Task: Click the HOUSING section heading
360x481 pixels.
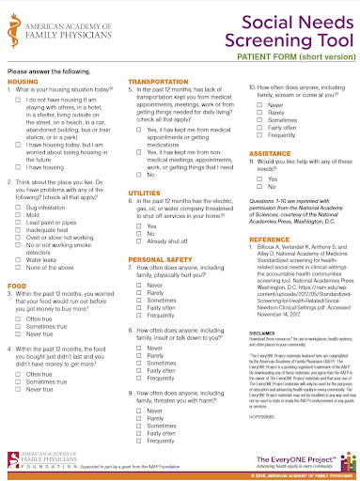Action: pos(23,82)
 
